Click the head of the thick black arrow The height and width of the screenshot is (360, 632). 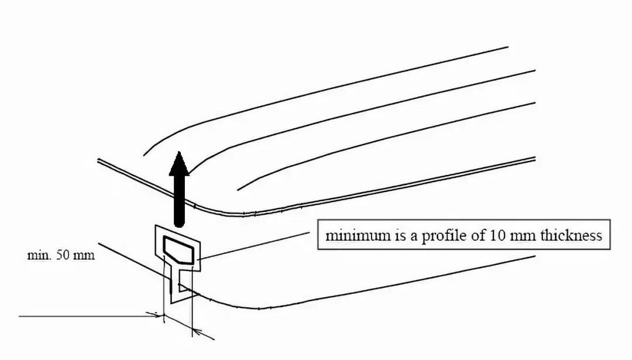179,163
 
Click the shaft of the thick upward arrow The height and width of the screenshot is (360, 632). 179,199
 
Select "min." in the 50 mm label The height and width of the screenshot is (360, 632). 40,256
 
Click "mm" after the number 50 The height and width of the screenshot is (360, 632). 84,256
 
